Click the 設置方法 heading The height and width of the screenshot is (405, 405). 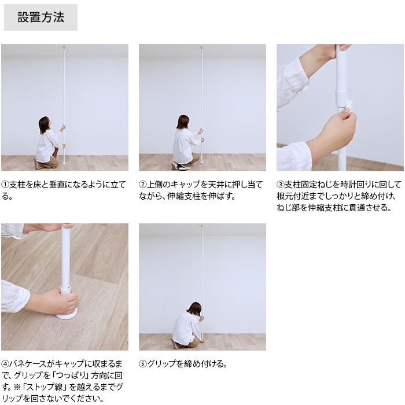tap(41, 17)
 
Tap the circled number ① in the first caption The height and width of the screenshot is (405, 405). tap(5, 185)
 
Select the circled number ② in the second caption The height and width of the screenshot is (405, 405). tap(143, 185)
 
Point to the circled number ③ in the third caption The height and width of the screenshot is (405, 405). tap(281, 185)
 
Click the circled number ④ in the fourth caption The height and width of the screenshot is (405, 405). tap(5, 364)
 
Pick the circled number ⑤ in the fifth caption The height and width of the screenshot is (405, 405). tap(143, 364)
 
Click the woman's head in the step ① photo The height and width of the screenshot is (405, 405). tap(44, 124)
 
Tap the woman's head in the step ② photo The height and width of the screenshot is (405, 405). tap(183, 122)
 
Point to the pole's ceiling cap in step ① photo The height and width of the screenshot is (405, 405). tap(64, 47)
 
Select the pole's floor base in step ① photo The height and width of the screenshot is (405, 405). tap(64, 163)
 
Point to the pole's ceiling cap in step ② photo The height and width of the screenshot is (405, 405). tap(201, 47)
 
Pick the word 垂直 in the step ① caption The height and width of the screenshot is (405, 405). tap(57, 185)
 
